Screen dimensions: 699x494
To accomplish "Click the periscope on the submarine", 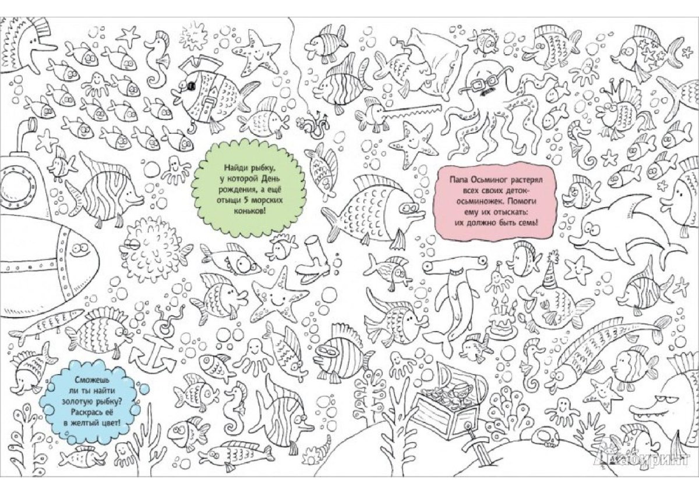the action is (23, 134).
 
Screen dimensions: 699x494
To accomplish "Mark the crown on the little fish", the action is (612, 88).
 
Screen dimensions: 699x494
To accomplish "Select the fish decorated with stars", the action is (646, 55).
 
